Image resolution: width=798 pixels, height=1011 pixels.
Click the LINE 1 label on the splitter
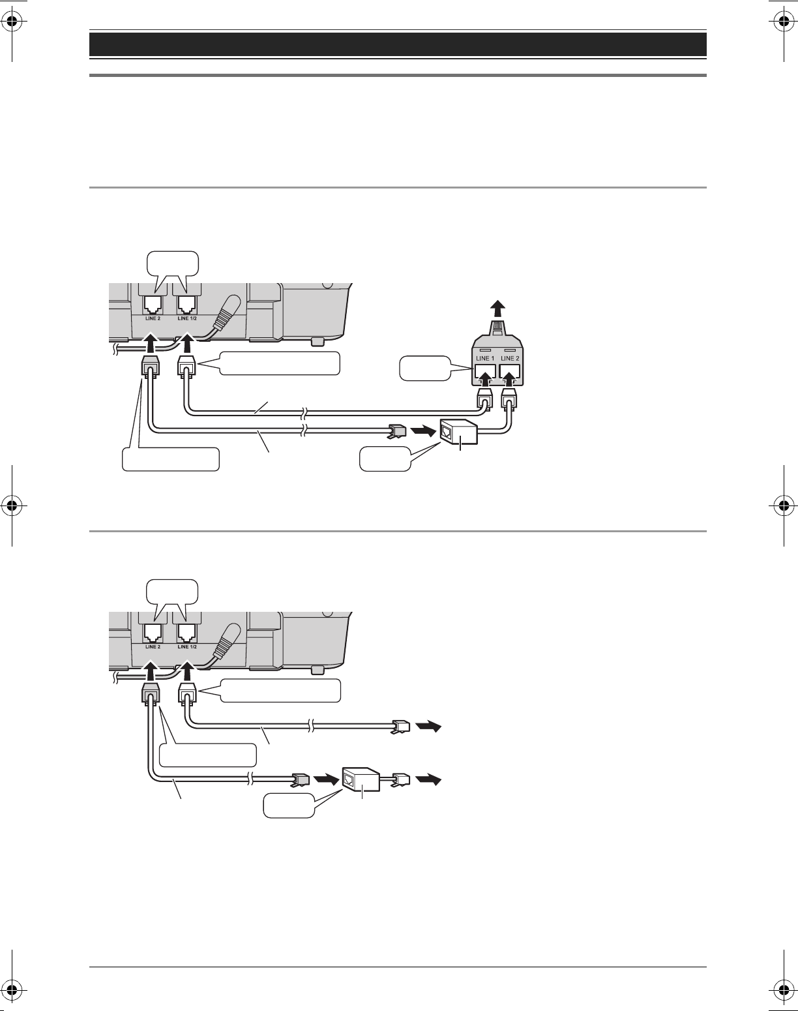pyautogui.click(x=484, y=358)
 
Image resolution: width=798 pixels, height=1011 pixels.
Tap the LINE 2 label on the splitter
pyautogui.click(x=510, y=358)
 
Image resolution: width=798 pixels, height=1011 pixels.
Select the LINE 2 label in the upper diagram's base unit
pyautogui.click(x=153, y=318)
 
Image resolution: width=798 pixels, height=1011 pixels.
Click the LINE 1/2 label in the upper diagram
pyautogui.click(x=187, y=318)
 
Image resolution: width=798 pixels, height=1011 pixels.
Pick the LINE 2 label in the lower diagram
pyautogui.click(x=153, y=647)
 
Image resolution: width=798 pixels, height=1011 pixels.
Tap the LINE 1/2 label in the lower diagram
pyautogui.click(x=187, y=647)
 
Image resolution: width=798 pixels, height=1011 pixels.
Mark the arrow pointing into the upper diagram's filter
pyautogui.click(x=424, y=430)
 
